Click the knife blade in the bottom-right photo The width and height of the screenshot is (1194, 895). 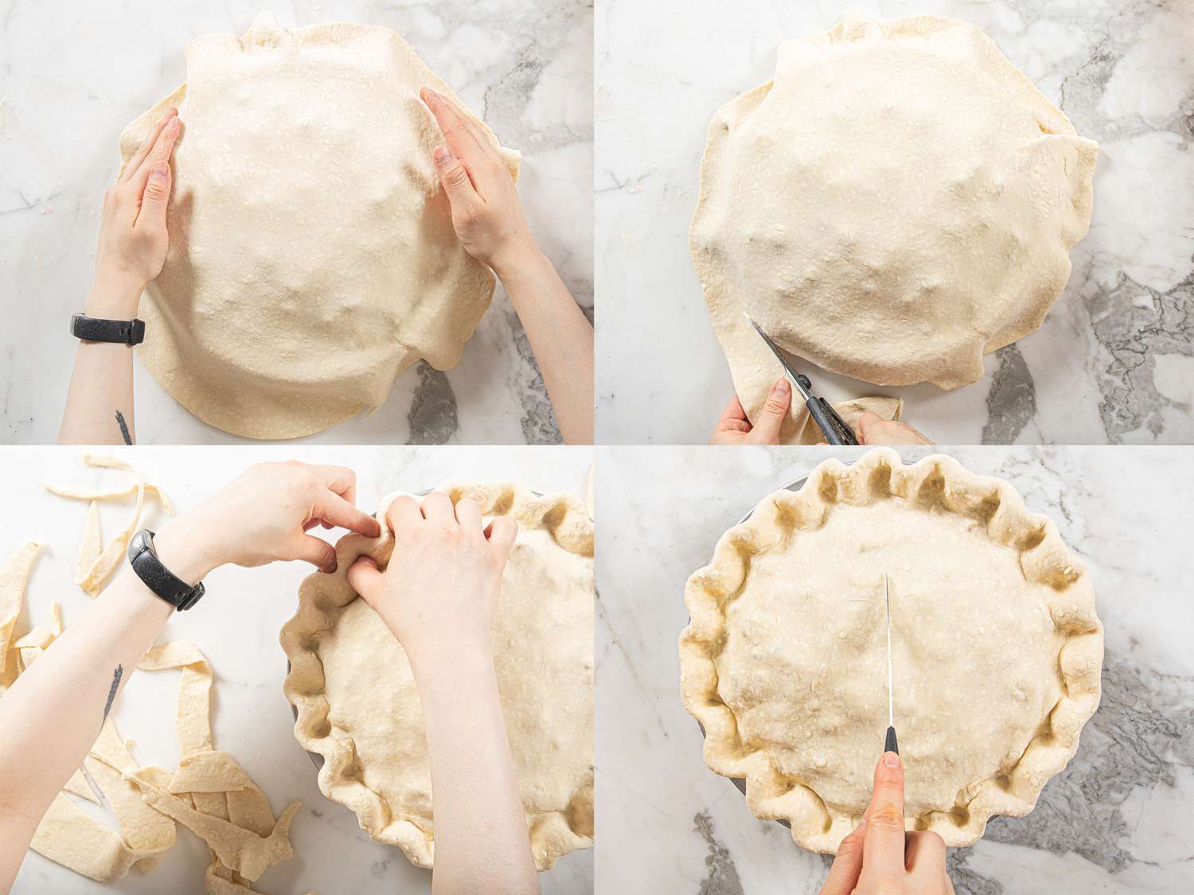[888, 660]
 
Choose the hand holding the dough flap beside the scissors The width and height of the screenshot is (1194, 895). [752, 414]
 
